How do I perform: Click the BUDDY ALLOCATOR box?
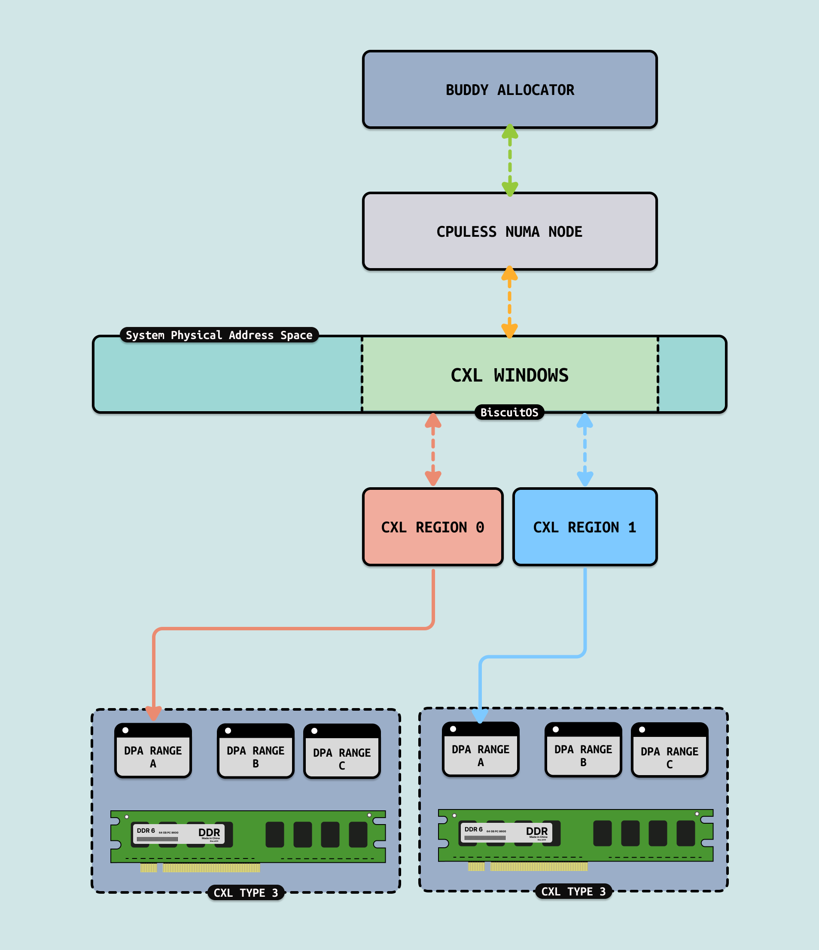point(510,89)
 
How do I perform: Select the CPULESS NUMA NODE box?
point(510,231)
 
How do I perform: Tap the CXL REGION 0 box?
point(432,527)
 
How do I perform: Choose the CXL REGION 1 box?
point(585,527)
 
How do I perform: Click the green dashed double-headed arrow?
point(510,160)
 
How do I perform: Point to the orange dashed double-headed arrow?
point(509,302)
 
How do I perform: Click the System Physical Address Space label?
point(219,335)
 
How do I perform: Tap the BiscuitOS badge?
point(509,412)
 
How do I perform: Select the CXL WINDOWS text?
point(510,375)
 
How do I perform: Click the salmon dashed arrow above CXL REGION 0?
point(433,450)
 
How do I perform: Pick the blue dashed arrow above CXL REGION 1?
point(585,450)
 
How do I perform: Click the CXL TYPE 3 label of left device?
point(246,893)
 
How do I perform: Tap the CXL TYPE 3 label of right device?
point(573,891)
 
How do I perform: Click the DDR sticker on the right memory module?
point(506,832)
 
